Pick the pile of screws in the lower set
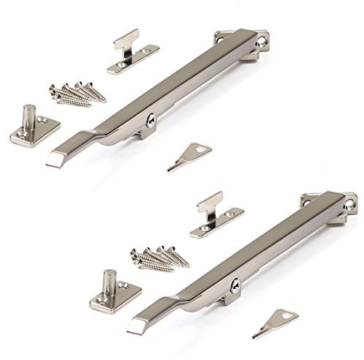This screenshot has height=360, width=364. pos(156,258)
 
